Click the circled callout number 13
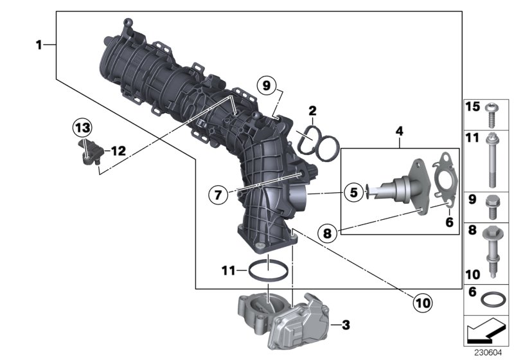coord(82,128)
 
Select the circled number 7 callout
coord(219,193)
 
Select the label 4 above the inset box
coord(399,132)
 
